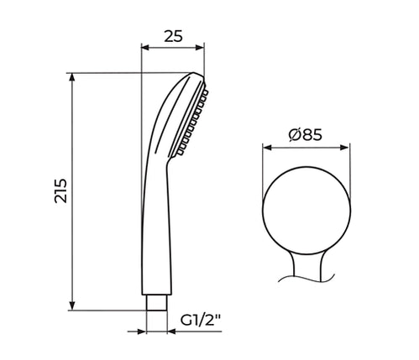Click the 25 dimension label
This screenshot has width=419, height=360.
click(x=173, y=36)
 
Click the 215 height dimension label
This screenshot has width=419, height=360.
click(x=61, y=190)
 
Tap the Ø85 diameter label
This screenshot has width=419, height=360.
click(x=306, y=135)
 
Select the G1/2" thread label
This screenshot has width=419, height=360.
click(x=201, y=321)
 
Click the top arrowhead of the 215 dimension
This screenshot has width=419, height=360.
click(x=72, y=77)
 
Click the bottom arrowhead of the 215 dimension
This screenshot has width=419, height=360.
click(x=72, y=305)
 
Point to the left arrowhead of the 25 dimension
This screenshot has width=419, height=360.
click(x=146, y=47)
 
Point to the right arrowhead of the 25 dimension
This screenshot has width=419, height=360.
click(x=200, y=47)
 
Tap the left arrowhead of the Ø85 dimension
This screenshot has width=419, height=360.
click(x=267, y=148)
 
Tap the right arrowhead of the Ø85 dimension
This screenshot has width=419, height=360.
click(x=345, y=148)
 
